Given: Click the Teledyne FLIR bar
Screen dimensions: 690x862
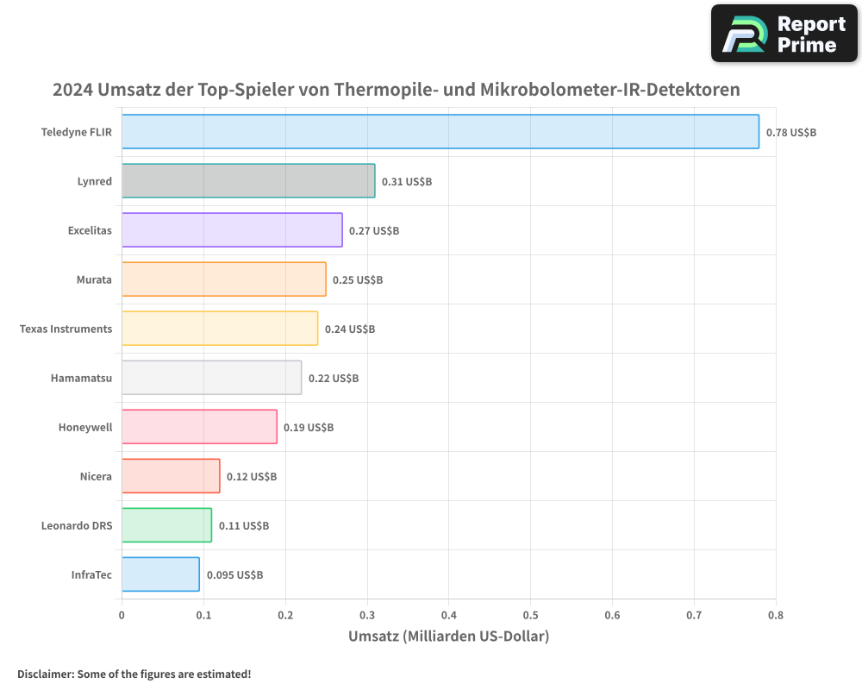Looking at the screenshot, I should pos(440,132).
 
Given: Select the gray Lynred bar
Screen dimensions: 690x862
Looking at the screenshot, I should pos(248,181).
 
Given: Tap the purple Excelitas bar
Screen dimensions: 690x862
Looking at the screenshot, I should pos(232,230).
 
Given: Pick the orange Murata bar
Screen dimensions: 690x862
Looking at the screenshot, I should pos(223,279).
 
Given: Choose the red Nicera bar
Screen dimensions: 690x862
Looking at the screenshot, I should pos(171,476).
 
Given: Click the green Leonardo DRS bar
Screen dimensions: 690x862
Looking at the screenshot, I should pos(166,525).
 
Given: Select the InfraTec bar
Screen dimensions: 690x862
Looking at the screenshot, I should pos(160,574).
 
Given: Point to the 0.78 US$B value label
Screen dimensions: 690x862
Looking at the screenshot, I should pos(790,133).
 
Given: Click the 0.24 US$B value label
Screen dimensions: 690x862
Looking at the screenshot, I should pos(350,329).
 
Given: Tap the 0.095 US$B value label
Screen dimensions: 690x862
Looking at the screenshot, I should pos(234,575).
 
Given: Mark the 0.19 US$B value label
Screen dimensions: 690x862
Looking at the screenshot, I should pos(309,428).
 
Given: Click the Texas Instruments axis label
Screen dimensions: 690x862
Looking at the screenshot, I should pos(66,329).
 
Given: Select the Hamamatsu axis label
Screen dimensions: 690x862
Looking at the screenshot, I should pos(81,379).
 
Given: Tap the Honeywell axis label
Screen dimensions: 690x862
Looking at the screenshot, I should pos(85,428).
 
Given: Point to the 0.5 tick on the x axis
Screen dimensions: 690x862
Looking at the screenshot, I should pos(530,615).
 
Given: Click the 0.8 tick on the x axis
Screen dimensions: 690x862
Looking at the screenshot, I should pos(775,615).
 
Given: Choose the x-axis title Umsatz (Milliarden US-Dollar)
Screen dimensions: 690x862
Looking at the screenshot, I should pos(448,637).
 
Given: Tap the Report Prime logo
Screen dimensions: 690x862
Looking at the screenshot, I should pos(784,34).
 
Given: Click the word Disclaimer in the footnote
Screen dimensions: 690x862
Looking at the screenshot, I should pos(45,674).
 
